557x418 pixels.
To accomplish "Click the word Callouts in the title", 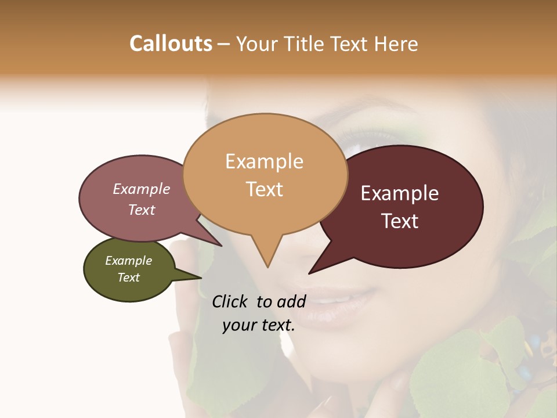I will coord(171,44).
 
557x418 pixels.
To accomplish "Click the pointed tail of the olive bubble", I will coord(200,278).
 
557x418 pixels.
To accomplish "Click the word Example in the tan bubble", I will coord(264,161).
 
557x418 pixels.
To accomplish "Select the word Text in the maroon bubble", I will coord(400,221).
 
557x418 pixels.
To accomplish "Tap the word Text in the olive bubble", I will coord(129,278).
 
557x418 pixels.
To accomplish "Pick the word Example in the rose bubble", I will coord(142,189).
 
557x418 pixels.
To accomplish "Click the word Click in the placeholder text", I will coord(231,301).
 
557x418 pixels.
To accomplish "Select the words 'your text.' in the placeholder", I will coord(259,325).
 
